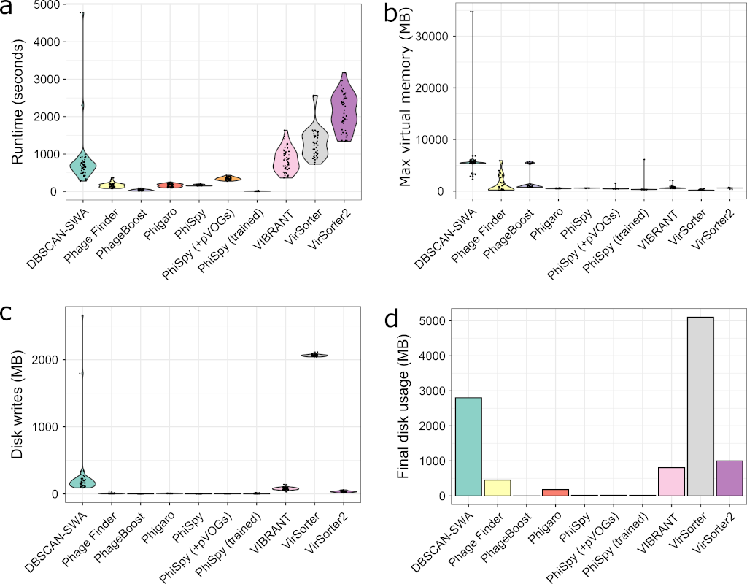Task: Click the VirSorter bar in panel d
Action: (700, 407)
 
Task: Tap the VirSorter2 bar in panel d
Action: (728, 478)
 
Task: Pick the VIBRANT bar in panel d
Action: (671, 482)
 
